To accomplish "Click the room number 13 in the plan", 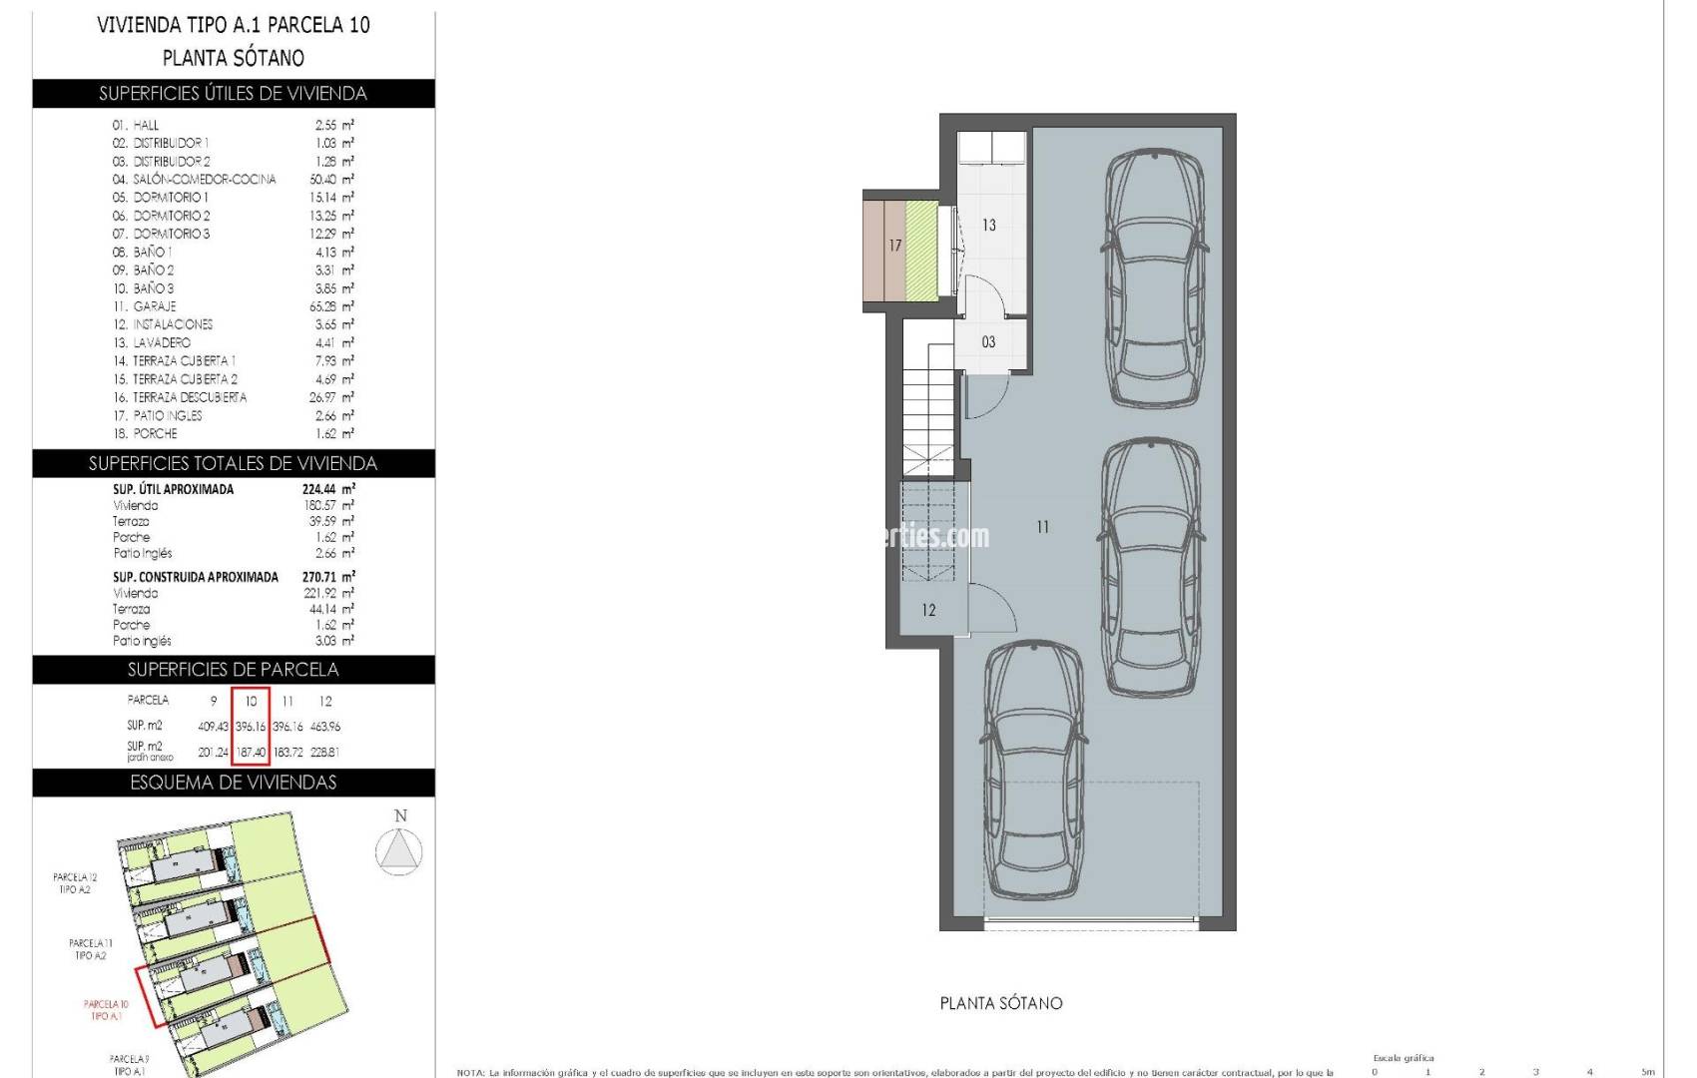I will coord(988,226).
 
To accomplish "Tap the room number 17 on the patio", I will coord(895,246).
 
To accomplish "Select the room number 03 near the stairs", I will coord(988,342).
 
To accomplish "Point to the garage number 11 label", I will coord(1042,527).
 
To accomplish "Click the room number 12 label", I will coord(928,611).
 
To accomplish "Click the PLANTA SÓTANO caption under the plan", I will coord(1001,1003).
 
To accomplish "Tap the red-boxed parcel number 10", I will coord(251,701).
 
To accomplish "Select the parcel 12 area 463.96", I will coord(325,727).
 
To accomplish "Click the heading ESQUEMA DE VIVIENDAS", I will coord(234,783).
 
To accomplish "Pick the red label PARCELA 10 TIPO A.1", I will coord(106,1010).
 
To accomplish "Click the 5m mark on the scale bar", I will coord(1647,1072).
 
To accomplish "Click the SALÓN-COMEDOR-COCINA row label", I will coord(205,180).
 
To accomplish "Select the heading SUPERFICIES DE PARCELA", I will coord(234,670).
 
